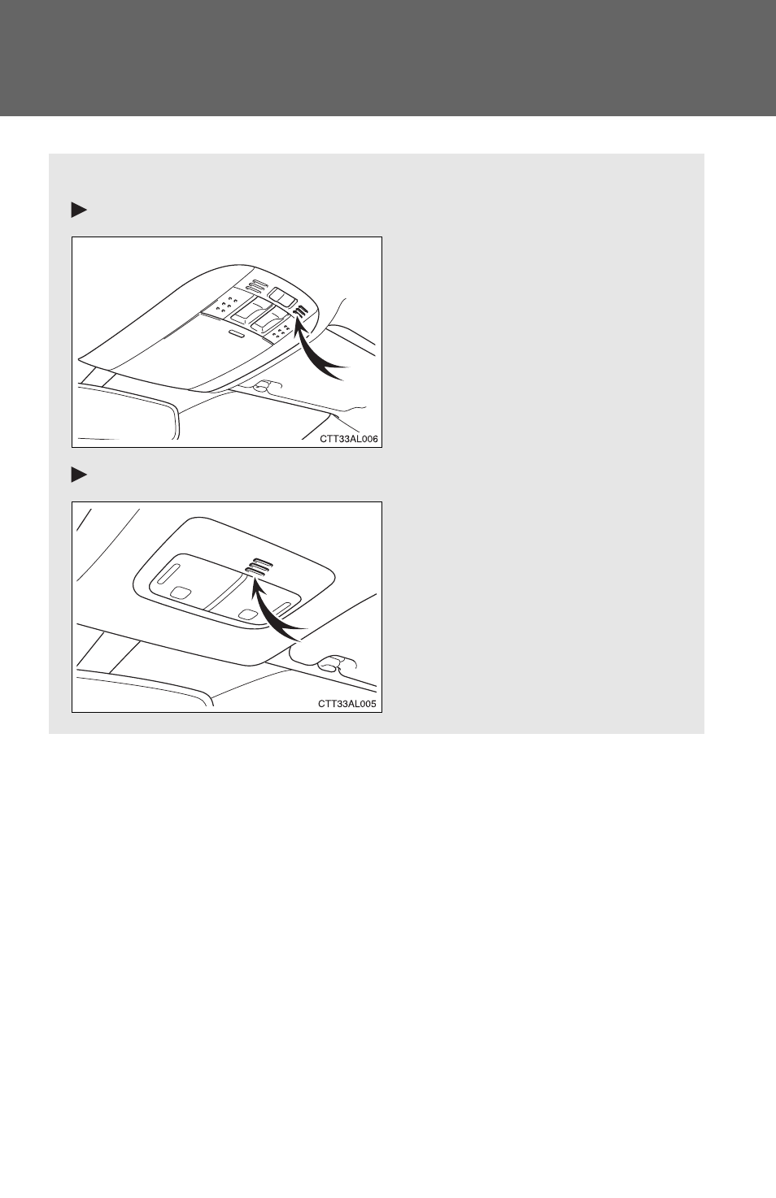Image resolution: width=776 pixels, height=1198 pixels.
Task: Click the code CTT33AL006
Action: click(x=349, y=439)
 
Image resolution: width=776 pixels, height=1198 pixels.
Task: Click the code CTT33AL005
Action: click(x=347, y=704)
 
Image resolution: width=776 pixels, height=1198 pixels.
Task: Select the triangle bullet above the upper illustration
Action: click(x=79, y=211)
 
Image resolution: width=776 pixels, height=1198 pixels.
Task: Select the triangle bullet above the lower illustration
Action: click(x=79, y=475)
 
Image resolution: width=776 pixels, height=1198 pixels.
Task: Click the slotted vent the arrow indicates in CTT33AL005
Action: click(x=259, y=567)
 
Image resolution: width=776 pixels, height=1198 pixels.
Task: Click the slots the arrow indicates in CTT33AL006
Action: click(x=302, y=312)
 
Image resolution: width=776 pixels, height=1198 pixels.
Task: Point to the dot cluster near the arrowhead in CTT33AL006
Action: click(x=281, y=332)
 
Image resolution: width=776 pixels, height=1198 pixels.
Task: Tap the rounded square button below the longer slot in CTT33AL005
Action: click(x=181, y=592)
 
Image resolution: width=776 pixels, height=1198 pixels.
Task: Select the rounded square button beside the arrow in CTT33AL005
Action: click(x=246, y=614)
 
